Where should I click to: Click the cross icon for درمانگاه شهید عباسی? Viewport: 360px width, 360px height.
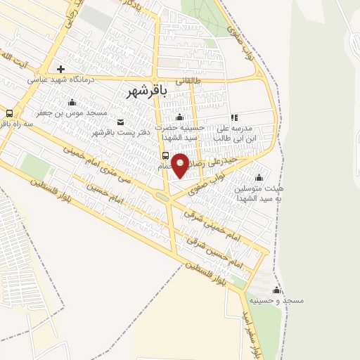click(x=62, y=69)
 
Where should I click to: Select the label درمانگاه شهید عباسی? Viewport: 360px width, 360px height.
click(x=60, y=79)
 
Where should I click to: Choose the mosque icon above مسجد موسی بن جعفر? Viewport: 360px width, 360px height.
click(x=72, y=103)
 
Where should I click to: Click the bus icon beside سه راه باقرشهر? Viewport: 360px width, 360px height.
click(x=10, y=112)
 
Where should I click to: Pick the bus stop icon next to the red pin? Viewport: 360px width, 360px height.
click(x=165, y=155)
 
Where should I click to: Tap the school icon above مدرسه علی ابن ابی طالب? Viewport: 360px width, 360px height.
click(x=235, y=117)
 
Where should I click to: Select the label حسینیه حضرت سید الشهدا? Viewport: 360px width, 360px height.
click(x=184, y=131)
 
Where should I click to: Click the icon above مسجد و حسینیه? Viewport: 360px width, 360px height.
click(x=276, y=290)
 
